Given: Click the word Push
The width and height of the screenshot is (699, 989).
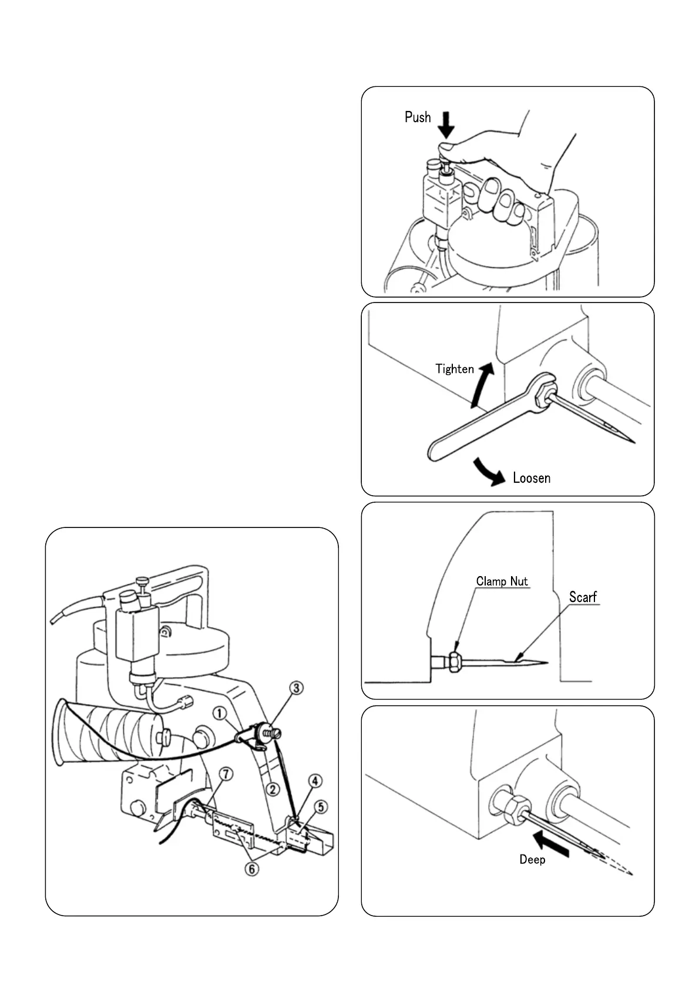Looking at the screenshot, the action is [x=418, y=117].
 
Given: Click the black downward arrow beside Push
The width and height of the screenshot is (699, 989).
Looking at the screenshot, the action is [x=446, y=125].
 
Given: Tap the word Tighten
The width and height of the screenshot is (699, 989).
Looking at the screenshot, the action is [x=454, y=369].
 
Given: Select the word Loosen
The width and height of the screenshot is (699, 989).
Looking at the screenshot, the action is [x=532, y=478].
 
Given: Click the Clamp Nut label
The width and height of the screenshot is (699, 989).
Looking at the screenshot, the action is [x=502, y=581].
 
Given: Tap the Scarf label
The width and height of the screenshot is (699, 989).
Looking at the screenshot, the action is [x=583, y=597].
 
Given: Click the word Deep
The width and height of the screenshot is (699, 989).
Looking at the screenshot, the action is [x=532, y=860].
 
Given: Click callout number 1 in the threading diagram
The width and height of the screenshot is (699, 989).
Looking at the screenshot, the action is [x=219, y=714].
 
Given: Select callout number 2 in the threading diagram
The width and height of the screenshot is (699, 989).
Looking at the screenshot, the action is [x=273, y=789].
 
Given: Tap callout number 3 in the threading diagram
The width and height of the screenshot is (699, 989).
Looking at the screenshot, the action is [x=298, y=687].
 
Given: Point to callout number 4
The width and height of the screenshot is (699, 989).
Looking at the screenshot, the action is [x=315, y=781].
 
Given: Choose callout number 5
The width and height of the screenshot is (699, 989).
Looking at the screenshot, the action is [x=321, y=807].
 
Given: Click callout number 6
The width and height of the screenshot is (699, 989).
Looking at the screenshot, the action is [x=251, y=869].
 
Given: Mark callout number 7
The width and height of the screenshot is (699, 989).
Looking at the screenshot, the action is [x=227, y=774].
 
